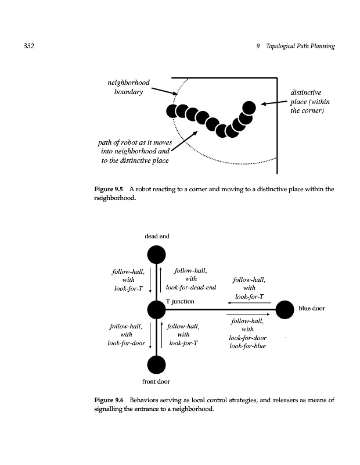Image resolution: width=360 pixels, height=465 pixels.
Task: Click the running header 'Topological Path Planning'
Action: [300, 46]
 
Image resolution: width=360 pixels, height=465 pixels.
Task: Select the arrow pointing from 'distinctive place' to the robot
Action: [273, 103]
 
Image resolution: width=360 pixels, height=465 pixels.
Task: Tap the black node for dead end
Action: [156, 255]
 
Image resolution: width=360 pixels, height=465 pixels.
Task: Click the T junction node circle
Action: [156, 310]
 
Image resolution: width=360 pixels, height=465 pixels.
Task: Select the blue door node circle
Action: [285, 310]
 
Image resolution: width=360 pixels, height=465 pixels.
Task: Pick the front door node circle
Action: [156, 364]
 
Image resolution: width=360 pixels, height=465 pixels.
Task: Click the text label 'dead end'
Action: [157, 236]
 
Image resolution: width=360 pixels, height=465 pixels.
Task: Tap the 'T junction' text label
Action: [180, 302]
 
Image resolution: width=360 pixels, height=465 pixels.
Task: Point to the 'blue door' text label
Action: [312, 309]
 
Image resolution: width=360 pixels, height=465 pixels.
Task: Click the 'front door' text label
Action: [156, 382]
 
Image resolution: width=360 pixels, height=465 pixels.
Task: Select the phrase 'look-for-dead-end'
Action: [191, 287]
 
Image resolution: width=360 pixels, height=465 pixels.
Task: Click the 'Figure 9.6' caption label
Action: [109, 400]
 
